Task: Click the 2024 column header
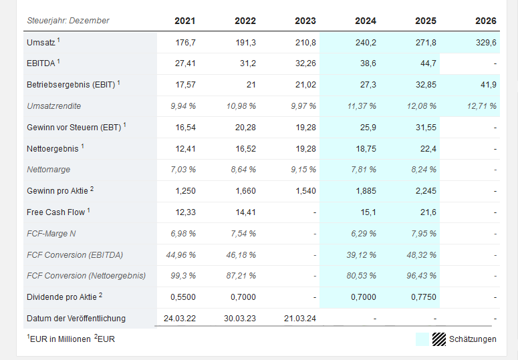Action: pyautogui.click(x=366, y=21)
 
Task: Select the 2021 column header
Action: pyautogui.click(x=185, y=21)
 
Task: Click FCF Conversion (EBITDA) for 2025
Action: pyautogui.click(x=422, y=254)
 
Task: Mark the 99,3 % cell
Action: pyautogui.click(x=184, y=276)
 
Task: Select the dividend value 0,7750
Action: pyautogui.click(x=423, y=297)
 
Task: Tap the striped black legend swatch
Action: pyautogui.click(x=438, y=339)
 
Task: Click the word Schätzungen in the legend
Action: pyautogui.click(x=473, y=339)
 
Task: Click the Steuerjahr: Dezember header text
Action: pyautogui.click(x=68, y=21)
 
